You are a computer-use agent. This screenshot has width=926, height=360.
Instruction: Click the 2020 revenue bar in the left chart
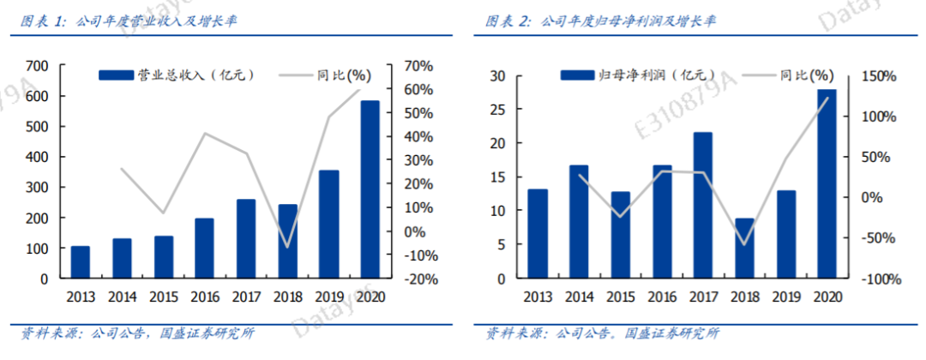[x=370, y=189]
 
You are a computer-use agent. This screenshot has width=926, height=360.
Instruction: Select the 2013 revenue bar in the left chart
[x=80, y=262]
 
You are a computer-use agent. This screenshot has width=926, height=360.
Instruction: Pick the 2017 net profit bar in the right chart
[x=702, y=205]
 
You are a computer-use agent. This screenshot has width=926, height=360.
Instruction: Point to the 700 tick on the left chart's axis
[x=37, y=66]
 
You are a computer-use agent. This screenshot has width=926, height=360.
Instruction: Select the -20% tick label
[x=413, y=279]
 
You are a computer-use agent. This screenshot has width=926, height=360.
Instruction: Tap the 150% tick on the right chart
[x=878, y=76]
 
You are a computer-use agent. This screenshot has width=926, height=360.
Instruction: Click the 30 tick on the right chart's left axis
[x=496, y=76]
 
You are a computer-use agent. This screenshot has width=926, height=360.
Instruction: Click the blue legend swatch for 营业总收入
[x=116, y=75]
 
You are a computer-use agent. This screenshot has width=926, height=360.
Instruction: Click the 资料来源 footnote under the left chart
[x=137, y=333]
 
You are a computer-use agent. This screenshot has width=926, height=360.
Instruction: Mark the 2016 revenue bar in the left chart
[x=204, y=249]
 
